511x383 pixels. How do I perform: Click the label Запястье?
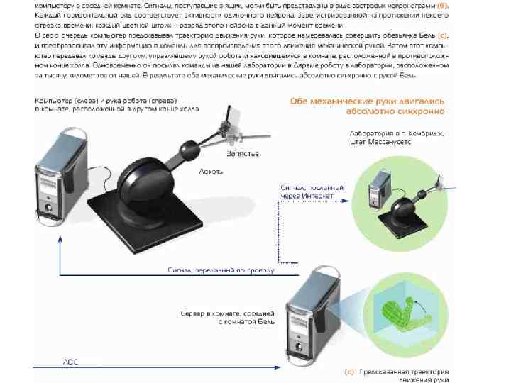(x=242, y=153)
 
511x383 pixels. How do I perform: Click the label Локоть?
(x=212, y=171)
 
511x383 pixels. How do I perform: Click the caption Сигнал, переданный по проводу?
(x=221, y=270)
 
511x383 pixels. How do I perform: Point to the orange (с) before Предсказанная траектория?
(x=349, y=370)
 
